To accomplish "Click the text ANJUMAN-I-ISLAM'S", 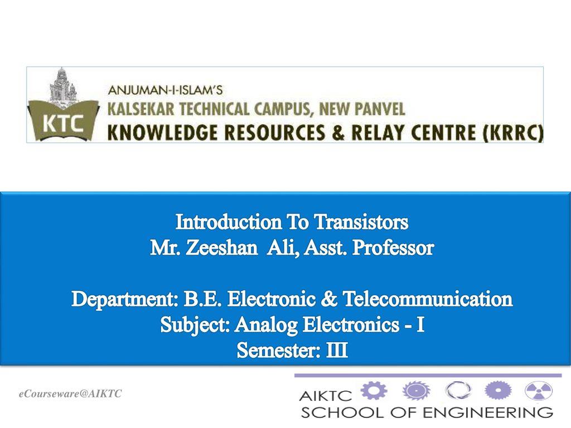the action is coord(165,90).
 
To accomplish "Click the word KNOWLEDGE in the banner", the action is coord(157,133).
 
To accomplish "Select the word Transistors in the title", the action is coord(361,222).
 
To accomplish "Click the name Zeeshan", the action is coord(222,248).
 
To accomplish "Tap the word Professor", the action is coord(393,248).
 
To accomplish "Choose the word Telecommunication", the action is coord(428,299).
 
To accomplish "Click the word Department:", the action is coord(124,299).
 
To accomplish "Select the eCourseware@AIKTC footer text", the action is coord(70,394).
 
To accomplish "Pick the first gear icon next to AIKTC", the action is coord(374,391).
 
